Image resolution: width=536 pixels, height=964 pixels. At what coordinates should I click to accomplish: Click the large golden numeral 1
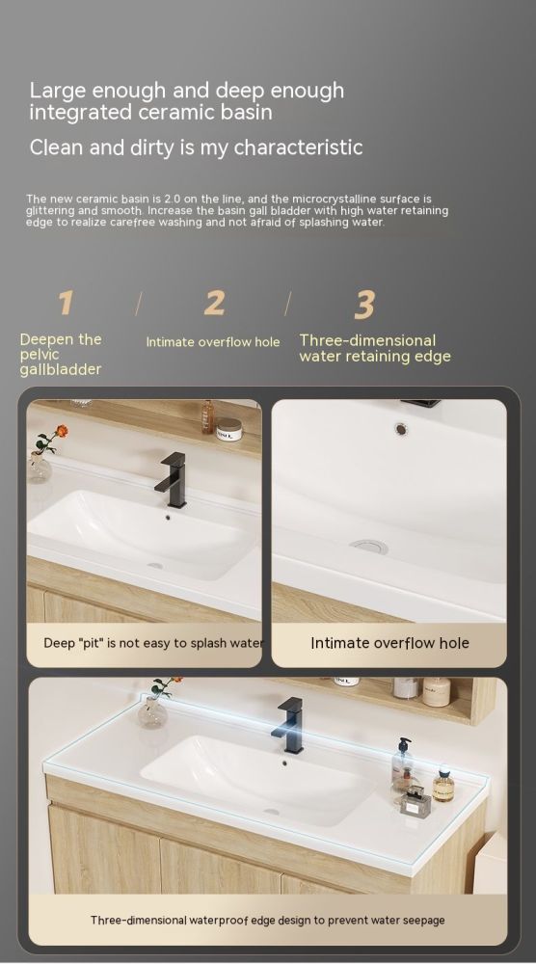click(66, 303)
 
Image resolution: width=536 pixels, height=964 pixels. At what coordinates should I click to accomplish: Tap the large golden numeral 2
click(215, 303)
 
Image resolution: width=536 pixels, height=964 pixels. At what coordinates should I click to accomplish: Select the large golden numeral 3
click(364, 305)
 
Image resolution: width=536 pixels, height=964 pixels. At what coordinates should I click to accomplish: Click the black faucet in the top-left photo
click(173, 479)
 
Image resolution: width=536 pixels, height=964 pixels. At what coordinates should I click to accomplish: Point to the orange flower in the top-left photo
click(62, 431)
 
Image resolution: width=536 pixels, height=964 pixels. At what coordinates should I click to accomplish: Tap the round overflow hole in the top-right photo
click(401, 429)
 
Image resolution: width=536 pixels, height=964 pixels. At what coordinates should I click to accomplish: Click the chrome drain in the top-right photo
click(369, 546)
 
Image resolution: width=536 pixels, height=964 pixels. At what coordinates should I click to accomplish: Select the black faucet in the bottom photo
click(289, 725)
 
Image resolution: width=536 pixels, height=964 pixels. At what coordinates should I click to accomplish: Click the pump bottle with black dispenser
click(402, 762)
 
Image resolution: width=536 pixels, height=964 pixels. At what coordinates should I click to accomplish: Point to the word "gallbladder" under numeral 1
click(60, 369)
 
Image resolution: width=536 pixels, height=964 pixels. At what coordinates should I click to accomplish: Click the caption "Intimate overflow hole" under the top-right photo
click(389, 643)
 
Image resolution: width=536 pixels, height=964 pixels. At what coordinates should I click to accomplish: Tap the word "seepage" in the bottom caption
click(423, 921)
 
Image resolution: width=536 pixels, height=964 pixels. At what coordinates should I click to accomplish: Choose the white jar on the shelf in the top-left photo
click(228, 429)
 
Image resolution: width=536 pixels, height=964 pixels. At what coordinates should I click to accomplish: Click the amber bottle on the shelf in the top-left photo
click(208, 417)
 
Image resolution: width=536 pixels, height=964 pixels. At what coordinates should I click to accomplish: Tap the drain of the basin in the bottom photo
click(271, 812)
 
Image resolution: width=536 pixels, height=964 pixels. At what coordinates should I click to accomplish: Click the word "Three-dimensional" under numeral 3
click(367, 340)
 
